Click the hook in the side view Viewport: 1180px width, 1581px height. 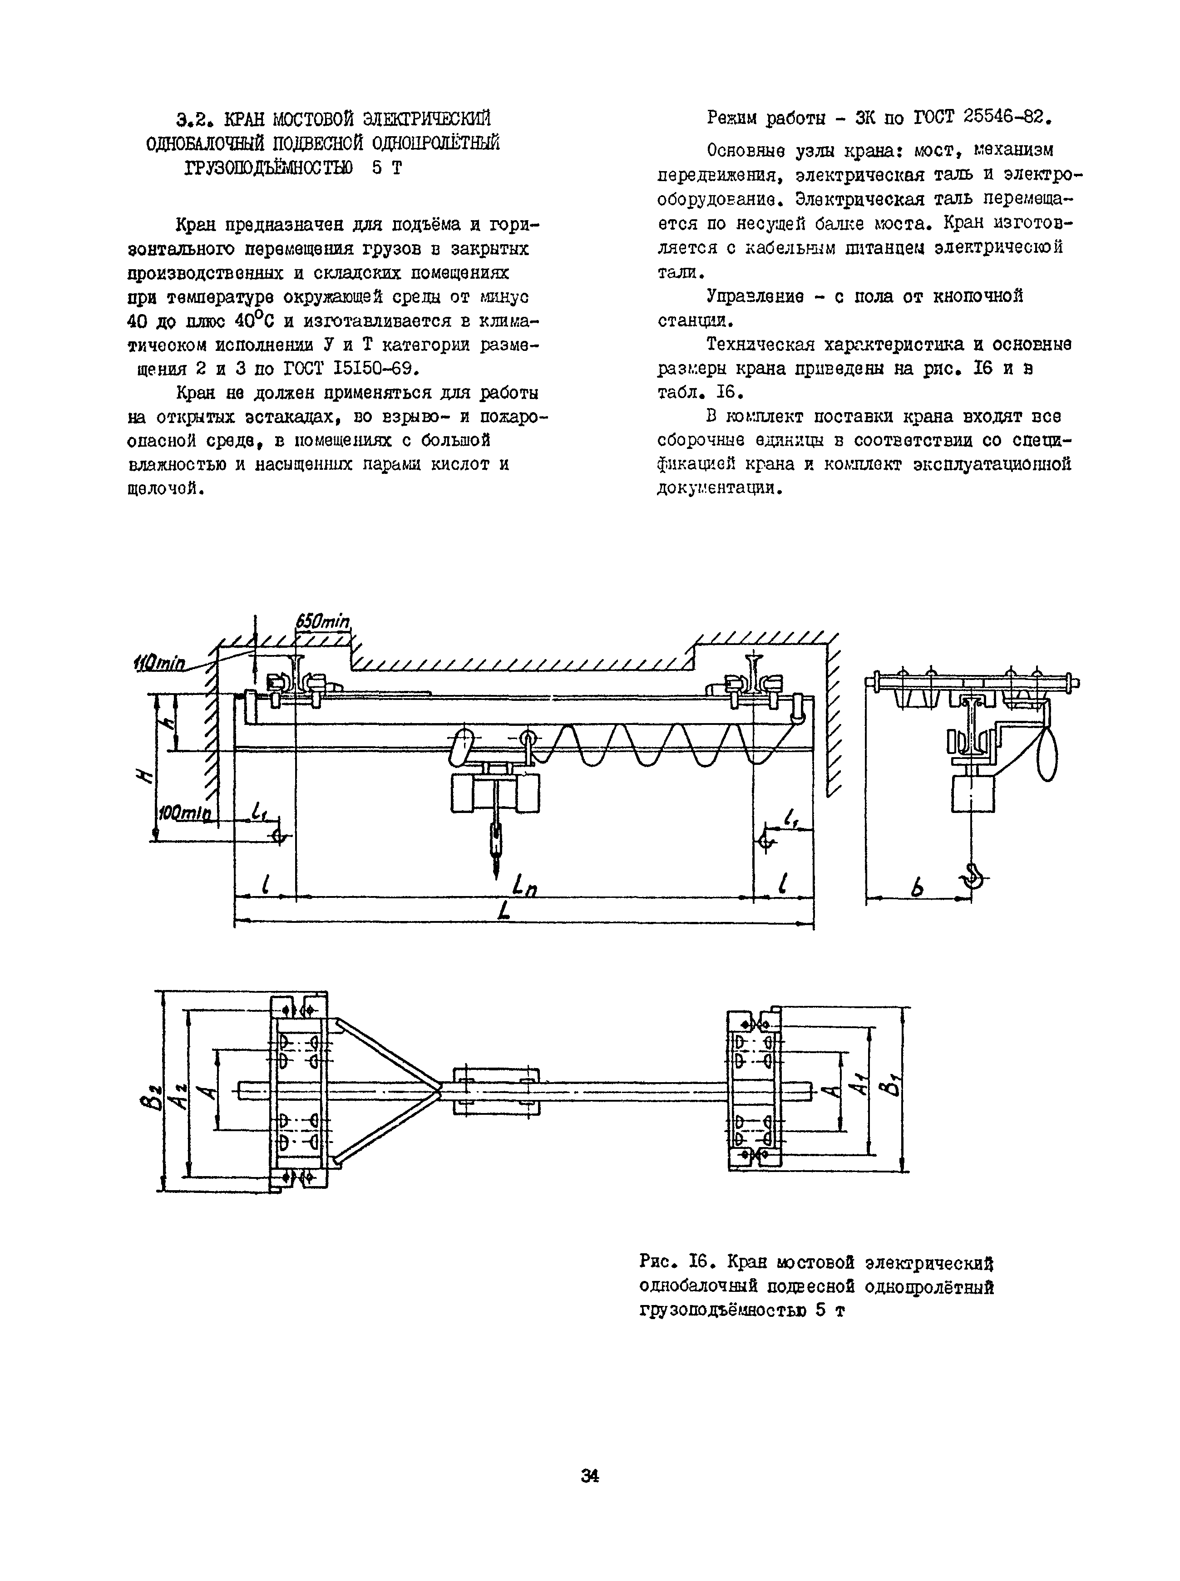(x=974, y=876)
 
